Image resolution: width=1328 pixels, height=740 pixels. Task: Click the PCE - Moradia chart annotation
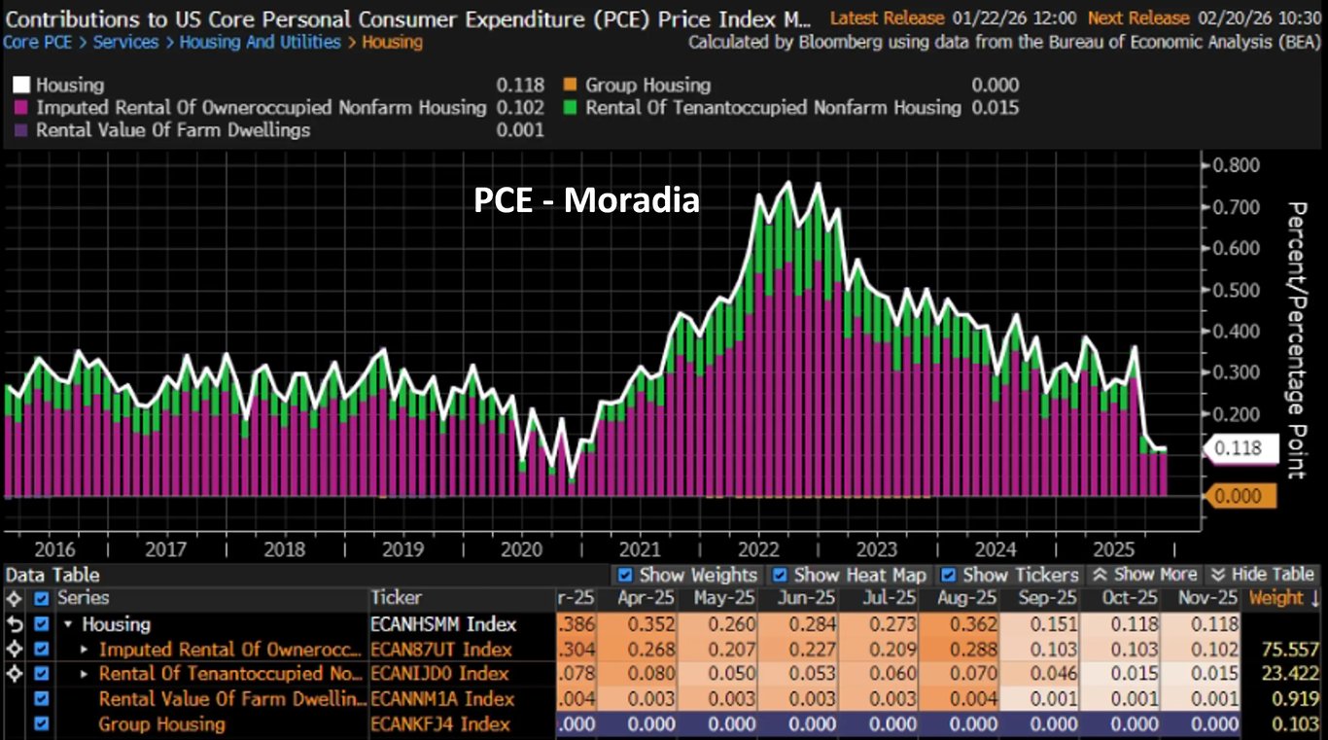pyautogui.click(x=586, y=200)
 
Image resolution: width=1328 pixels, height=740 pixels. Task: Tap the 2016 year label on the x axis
pyautogui.click(x=53, y=548)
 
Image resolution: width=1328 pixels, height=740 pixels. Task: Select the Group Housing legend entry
pyautogui.click(x=647, y=86)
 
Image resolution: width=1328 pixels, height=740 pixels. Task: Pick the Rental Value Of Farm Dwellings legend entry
pyautogui.click(x=173, y=130)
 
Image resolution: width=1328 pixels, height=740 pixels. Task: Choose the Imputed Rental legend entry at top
pyautogui.click(x=261, y=108)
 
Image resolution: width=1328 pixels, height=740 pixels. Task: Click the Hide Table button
pyautogui.click(x=1263, y=575)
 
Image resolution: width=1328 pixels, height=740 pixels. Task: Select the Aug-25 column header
pyautogui.click(x=967, y=598)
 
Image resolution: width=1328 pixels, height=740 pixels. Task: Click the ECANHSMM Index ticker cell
pyautogui.click(x=443, y=624)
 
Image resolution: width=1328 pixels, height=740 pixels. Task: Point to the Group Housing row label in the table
pyautogui.click(x=161, y=724)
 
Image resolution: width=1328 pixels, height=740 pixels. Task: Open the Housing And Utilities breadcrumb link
pyautogui.click(x=260, y=43)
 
